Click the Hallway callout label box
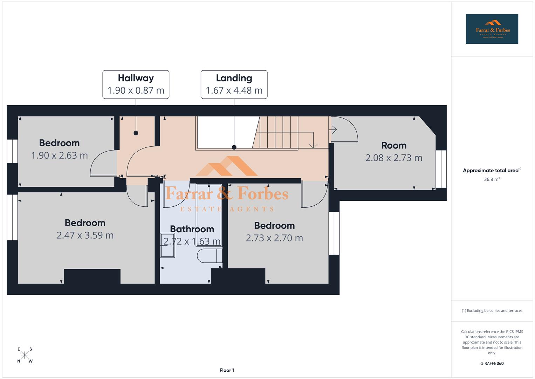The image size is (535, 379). tap(136, 84)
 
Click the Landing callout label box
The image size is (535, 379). tap(234, 84)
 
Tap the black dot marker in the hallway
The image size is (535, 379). tap(136, 133)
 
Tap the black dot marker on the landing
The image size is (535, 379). tap(234, 147)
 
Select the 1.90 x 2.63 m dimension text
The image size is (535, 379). tap(60, 155)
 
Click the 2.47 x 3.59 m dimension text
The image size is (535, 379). tap(85, 235)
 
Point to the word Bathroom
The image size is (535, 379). tap(192, 229)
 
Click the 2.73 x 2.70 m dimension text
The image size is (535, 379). tap(274, 238)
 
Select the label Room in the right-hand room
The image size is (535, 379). tap(394, 145)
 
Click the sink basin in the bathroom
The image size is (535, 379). tap(167, 245)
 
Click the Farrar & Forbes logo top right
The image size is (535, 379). tap(492, 29)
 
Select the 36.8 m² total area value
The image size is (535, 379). tap(492, 179)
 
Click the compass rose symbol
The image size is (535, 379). tap(25, 355)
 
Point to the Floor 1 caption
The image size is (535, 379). tap(227, 370)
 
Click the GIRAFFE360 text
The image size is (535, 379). tap(492, 363)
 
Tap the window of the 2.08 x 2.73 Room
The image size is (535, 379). tap(441, 169)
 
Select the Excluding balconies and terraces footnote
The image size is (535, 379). tap(492, 311)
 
